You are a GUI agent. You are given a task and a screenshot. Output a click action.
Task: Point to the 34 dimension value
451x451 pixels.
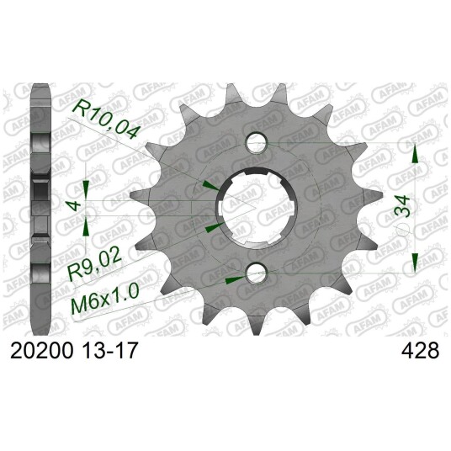pyautogui.click(x=401, y=206)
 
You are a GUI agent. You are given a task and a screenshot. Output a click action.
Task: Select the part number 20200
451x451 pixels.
pyautogui.click(x=40, y=350)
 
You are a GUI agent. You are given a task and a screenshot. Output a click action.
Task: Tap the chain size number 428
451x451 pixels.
pyautogui.click(x=420, y=350)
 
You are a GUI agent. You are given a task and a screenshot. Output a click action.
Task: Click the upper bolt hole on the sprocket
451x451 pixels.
pyautogui.click(x=257, y=142)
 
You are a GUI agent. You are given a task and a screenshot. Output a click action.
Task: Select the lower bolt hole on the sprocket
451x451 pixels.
pyautogui.click(x=257, y=272)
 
